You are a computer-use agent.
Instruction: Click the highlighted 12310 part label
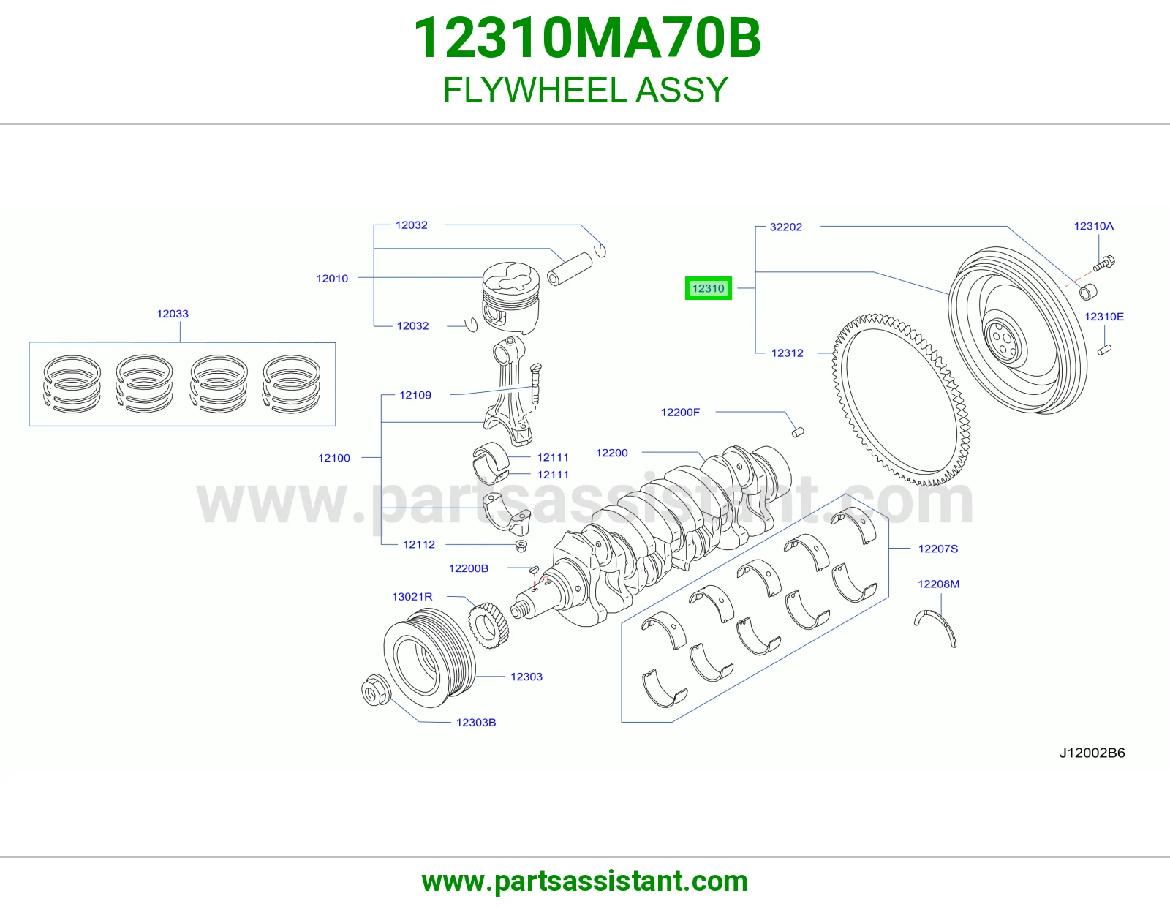coord(708,288)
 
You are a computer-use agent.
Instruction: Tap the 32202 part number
coord(785,227)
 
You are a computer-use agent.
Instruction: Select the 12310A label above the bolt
coord(1093,226)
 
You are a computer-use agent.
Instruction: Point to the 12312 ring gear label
coord(787,353)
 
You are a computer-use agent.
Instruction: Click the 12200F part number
coord(680,412)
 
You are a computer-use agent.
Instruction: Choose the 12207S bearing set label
coord(938,549)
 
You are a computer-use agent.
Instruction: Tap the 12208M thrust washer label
coord(938,584)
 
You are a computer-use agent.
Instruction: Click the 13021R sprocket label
coord(412,596)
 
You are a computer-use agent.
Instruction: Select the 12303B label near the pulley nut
coord(476,722)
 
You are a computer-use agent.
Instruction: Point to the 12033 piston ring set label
coord(173,314)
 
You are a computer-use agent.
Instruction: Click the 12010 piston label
coord(332,279)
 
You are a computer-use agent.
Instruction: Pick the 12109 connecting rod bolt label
coord(415,395)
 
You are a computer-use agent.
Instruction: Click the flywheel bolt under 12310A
coord(1103,263)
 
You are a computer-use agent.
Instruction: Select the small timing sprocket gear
coord(488,625)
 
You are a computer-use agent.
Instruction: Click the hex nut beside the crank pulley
coord(374,690)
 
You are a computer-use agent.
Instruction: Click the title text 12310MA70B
coord(587,38)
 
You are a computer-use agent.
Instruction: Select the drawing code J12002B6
coord(1092,753)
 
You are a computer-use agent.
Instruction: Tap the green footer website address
coord(585,881)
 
